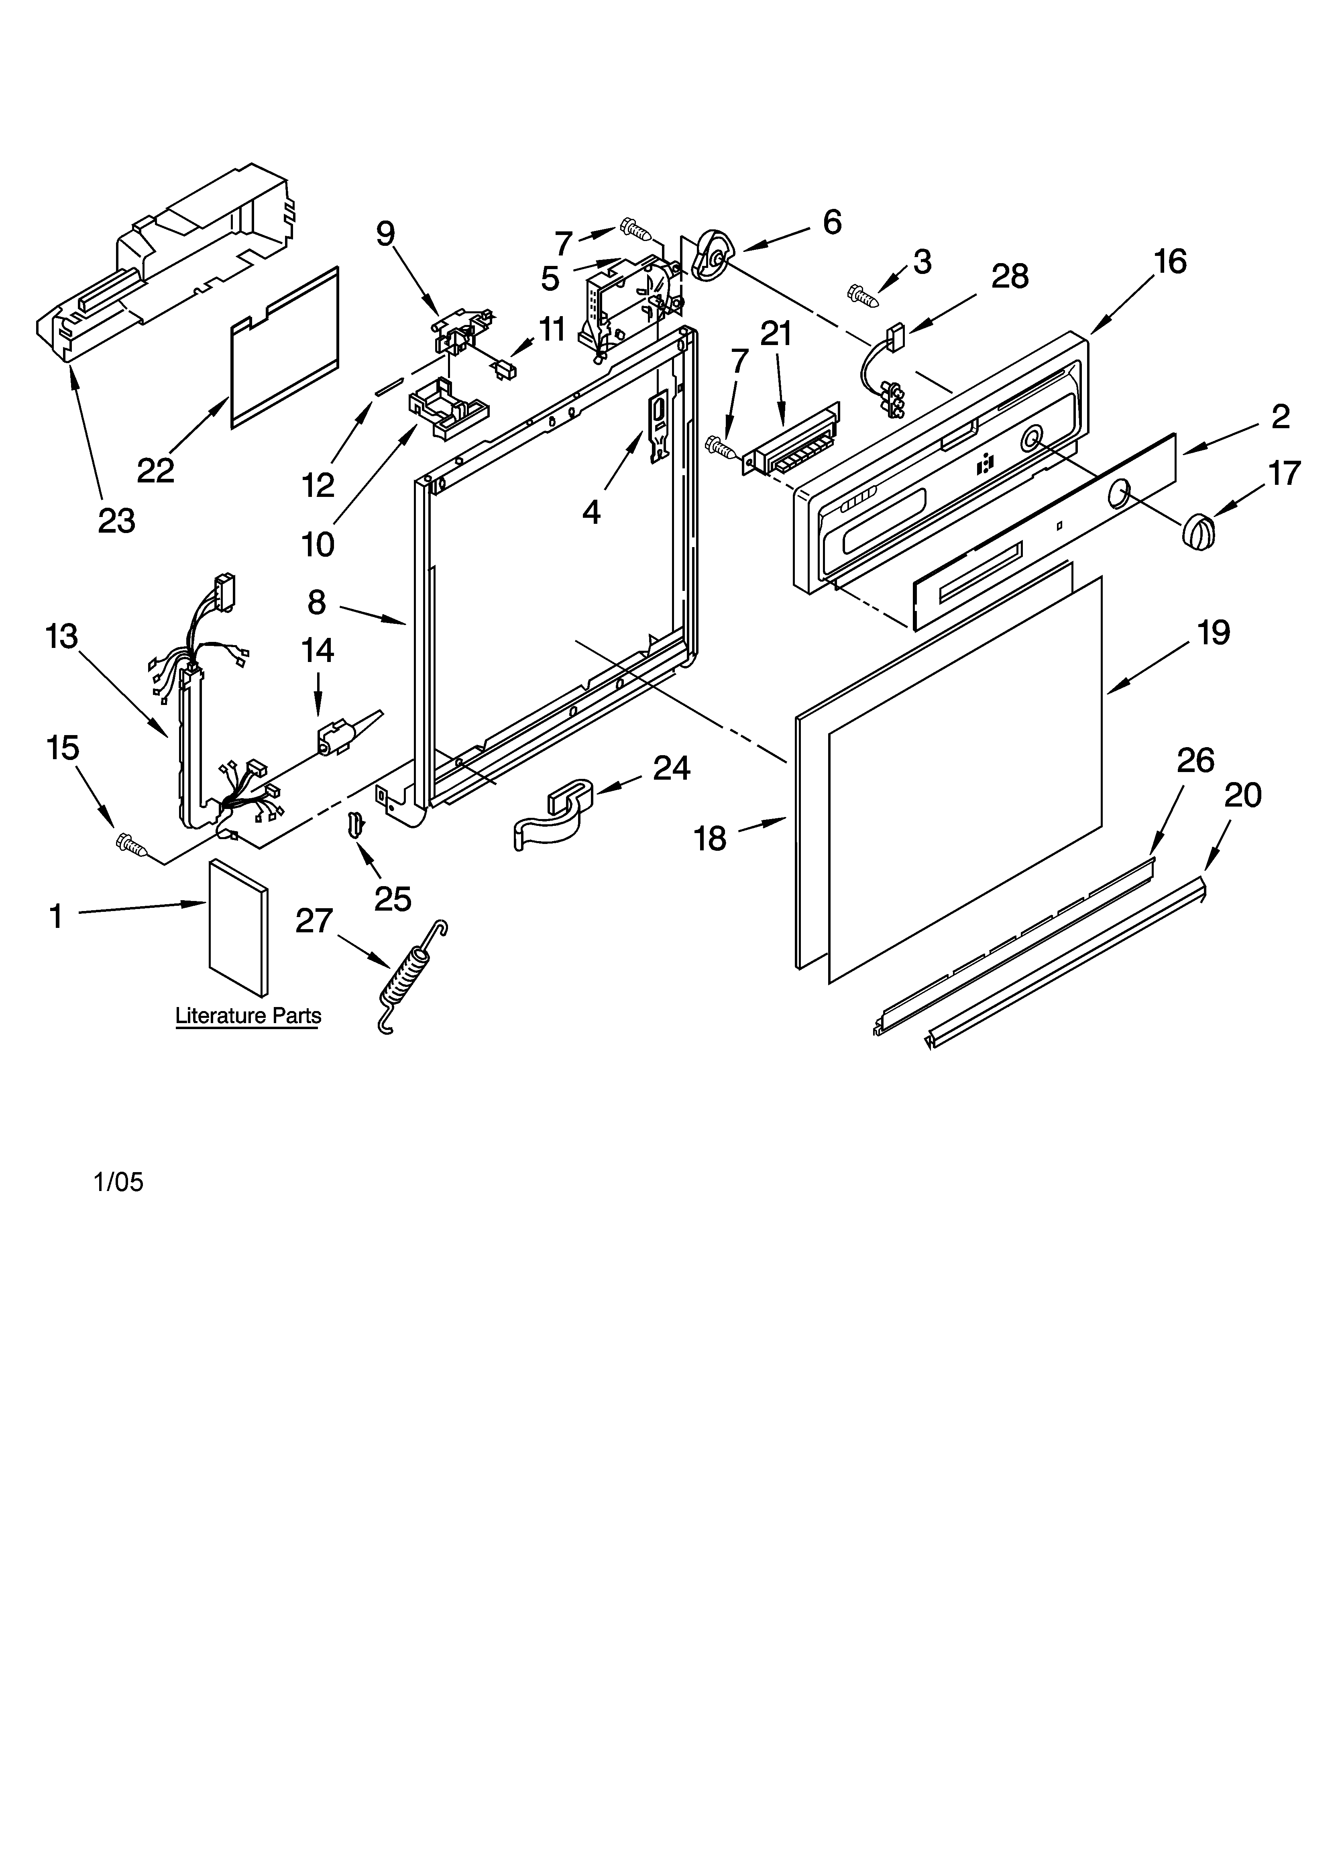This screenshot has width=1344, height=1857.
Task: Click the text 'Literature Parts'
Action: click(248, 1016)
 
